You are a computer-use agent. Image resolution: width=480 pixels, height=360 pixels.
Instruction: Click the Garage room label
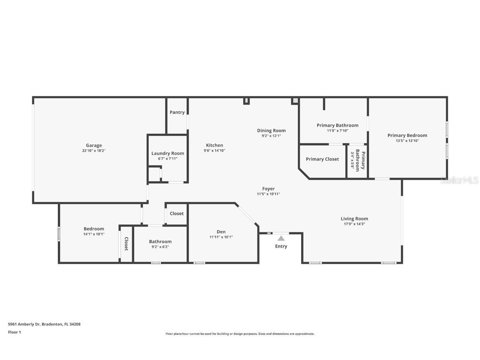tap(94, 145)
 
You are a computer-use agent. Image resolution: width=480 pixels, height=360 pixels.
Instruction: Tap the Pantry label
tap(177, 112)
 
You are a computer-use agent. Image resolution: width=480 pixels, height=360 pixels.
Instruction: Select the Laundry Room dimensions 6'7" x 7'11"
tap(167, 159)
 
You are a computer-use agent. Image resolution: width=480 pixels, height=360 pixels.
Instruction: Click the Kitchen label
tap(215, 145)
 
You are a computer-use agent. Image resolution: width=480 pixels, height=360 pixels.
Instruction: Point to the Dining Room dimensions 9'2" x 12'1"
tap(271, 136)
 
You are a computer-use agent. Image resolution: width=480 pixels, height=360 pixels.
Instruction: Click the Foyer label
tap(268, 189)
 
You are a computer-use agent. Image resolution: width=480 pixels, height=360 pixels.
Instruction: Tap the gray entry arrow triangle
tap(281, 238)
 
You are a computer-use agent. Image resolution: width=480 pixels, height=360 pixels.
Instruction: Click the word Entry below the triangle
tap(281, 246)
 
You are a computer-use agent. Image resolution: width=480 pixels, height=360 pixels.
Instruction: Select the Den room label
tap(221, 232)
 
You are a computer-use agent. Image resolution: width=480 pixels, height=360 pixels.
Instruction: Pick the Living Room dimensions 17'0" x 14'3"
tap(354, 224)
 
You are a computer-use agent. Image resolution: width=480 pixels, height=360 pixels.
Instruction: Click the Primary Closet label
tap(322, 159)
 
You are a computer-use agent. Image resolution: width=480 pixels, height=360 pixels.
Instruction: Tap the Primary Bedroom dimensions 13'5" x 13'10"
tap(407, 141)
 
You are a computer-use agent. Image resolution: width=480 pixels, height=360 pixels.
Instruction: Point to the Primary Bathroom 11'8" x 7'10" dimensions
tap(337, 131)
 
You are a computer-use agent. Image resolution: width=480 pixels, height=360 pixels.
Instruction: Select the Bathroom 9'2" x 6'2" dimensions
tap(160, 247)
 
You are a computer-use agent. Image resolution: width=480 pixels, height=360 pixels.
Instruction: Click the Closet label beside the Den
tap(177, 213)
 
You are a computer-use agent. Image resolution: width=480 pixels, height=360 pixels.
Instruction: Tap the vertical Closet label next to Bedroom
tap(126, 244)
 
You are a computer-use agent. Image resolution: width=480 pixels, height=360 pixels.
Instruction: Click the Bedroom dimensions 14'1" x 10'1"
tap(94, 234)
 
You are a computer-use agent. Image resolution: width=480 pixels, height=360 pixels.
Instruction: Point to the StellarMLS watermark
tap(460, 180)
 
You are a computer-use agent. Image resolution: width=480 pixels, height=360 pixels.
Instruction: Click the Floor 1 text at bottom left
tap(14, 332)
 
